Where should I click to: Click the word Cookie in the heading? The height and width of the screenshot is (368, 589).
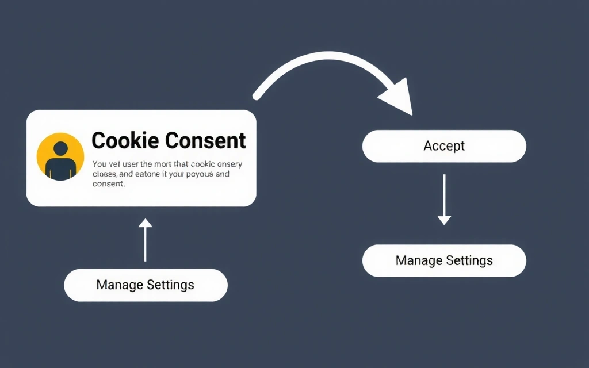[x=125, y=141]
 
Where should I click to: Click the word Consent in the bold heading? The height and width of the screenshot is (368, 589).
[x=205, y=141]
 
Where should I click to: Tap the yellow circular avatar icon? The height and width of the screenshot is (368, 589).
[x=60, y=156]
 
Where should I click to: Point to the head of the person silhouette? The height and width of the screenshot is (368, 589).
[x=60, y=148]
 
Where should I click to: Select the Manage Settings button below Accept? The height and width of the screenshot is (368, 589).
[x=444, y=260]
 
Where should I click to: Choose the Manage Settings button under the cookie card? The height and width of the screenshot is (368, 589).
[x=146, y=285]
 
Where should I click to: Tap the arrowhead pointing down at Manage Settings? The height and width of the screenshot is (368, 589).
[x=444, y=220]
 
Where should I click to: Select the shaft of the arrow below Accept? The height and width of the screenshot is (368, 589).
[x=444, y=195]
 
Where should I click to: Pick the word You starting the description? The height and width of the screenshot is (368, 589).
[x=98, y=164]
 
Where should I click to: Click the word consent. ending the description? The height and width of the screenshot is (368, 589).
[x=108, y=183]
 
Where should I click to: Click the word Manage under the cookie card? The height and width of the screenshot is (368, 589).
[x=120, y=285]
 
